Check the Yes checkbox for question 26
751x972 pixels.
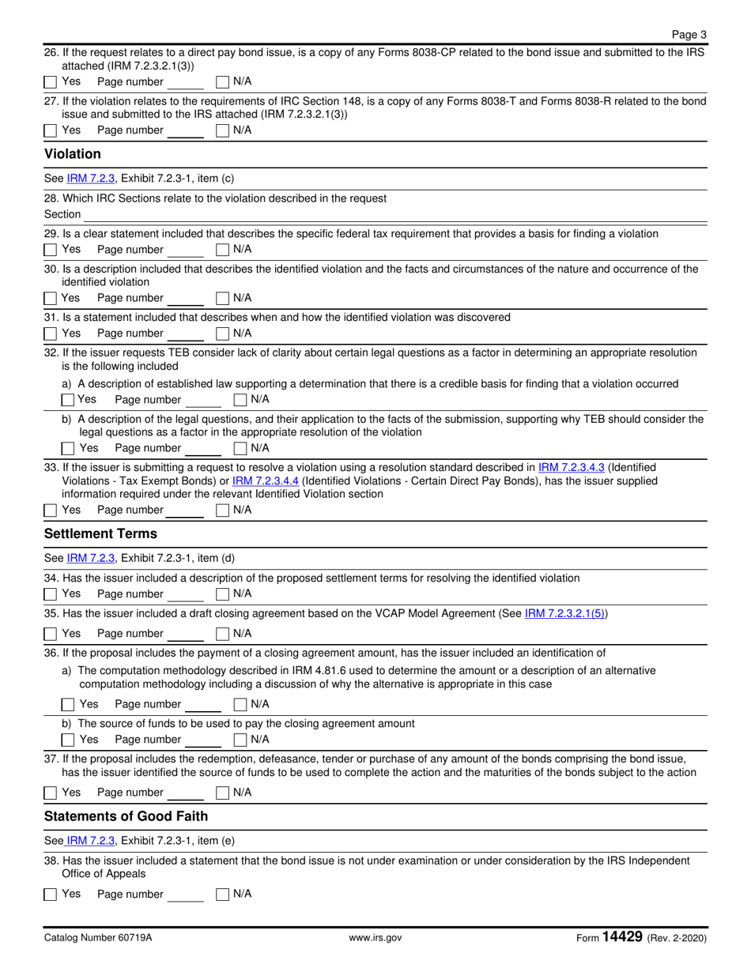coord(51,82)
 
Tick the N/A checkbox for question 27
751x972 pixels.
coord(223,130)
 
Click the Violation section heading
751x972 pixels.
coord(73,153)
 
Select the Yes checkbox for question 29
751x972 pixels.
coord(51,250)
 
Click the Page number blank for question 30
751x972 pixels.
coord(187,298)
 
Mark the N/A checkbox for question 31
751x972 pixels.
coord(223,333)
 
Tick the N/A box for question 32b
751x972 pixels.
coord(240,449)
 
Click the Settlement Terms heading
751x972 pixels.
coord(100,533)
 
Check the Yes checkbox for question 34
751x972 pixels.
coord(51,593)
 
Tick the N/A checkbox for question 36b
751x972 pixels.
coord(240,740)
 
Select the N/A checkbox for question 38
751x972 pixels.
coord(223,895)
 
